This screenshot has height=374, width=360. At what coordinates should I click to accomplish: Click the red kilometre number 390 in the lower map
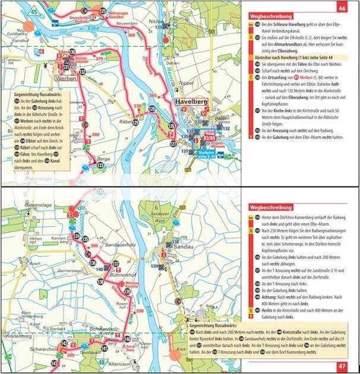(140, 310)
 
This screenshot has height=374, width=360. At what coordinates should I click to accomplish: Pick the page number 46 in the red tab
(342, 8)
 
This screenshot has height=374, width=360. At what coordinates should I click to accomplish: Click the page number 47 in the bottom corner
(342, 366)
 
